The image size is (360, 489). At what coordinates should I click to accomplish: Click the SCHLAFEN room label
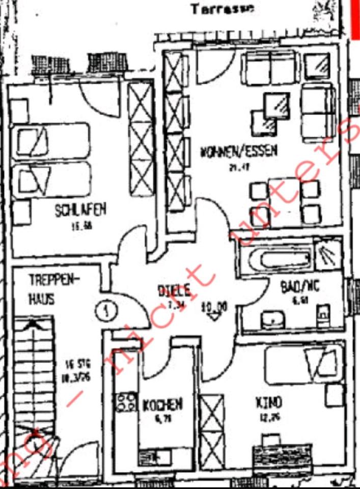tap(81, 210)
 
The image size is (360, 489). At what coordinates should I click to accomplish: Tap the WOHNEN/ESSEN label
tap(239, 151)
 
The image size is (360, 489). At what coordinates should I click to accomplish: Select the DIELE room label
tap(174, 291)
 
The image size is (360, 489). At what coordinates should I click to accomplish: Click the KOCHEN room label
tap(162, 405)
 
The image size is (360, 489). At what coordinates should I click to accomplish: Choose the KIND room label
tap(268, 403)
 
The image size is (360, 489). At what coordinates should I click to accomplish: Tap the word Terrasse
tap(222, 9)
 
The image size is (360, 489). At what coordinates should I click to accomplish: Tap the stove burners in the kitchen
tap(126, 401)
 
